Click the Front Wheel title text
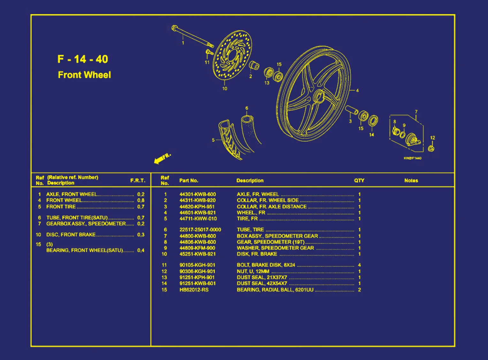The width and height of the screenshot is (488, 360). (84, 75)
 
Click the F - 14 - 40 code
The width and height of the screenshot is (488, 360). (83, 59)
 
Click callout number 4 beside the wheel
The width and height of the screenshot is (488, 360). (357, 90)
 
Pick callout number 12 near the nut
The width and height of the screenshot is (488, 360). (432, 138)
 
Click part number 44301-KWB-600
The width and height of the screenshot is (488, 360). (197, 194)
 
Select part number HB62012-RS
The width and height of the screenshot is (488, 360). (194, 290)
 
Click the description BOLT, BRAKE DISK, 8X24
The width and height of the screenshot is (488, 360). (266, 265)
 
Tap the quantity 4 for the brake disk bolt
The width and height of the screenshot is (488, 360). (359, 265)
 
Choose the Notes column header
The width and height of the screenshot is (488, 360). (411, 180)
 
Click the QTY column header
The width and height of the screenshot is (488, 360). (359, 180)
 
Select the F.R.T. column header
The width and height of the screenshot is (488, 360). (138, 180)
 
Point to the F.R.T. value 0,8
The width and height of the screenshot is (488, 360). (141, 200)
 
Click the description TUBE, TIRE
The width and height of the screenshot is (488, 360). (250, 230)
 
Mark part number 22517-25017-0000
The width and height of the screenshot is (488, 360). (200, 230)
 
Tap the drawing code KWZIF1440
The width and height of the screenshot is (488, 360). (412, 158)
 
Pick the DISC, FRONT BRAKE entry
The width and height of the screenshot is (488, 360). (71, 235)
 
